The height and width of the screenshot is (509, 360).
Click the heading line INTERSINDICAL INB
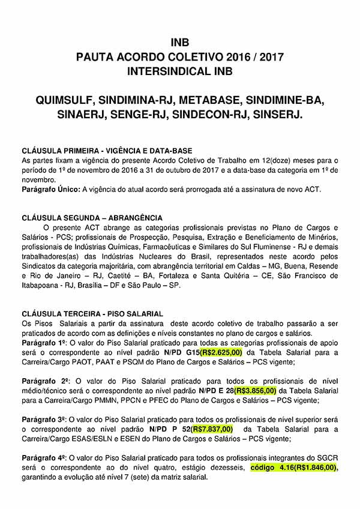click(x=180, y=71)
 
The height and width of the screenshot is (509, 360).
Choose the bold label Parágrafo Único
click(x=48, y=190)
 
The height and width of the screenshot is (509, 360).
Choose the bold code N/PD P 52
click(x=163, y=429)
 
